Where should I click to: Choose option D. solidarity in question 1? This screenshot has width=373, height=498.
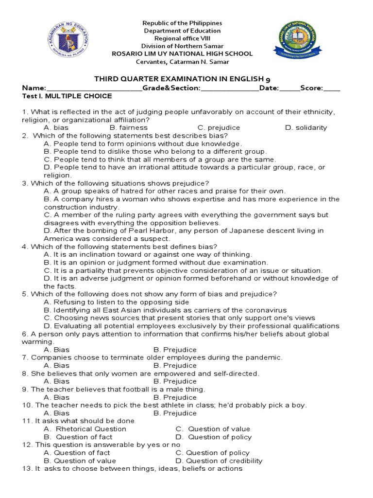pos(306,128)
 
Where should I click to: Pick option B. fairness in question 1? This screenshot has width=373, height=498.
pos(128,128)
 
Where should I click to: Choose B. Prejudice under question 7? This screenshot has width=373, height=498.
pos(175,366)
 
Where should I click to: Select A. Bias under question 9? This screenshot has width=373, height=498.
pos(56,397)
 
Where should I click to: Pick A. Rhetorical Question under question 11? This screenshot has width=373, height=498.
pos(85,429)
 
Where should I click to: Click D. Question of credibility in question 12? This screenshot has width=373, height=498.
pos(219,461)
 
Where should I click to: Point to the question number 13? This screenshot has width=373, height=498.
pos(27,469)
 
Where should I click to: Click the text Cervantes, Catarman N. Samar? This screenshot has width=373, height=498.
pos(181,62)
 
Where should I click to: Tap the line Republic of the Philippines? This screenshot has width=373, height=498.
pos(181,23)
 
